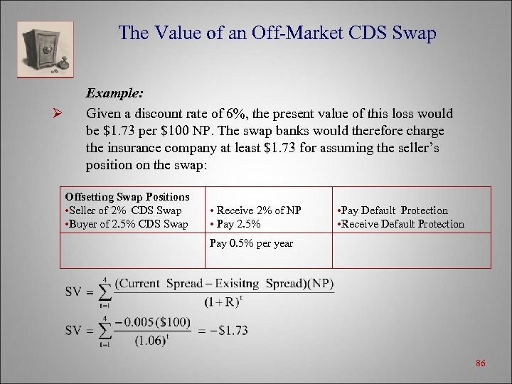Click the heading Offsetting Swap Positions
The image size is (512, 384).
127,196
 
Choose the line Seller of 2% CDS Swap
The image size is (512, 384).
124,210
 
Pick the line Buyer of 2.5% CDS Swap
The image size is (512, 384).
127,224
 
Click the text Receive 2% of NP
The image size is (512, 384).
256,210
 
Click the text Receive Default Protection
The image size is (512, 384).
400,224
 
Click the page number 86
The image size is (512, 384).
481,363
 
